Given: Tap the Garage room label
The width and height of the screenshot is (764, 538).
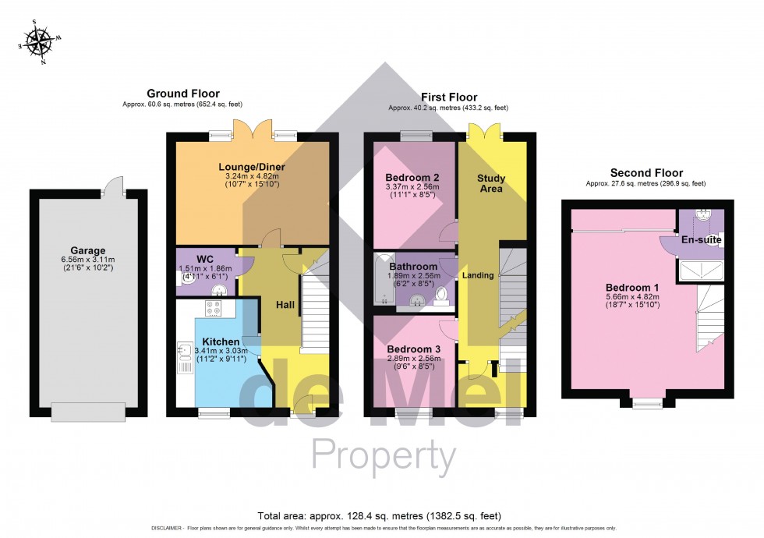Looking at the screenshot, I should (x=87, y=250).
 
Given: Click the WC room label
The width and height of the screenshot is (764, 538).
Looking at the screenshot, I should (x=205, y=259).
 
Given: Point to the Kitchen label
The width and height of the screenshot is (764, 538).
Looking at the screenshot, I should (x=221, y=342).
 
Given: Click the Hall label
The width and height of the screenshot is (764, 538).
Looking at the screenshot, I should (x=285, y=305).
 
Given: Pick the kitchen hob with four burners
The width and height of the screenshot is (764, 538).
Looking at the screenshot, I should (x=215, y=308).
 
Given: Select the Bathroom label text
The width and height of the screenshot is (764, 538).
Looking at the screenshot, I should (x=414, y=266).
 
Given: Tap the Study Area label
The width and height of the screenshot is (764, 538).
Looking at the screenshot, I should (x=491, y=184).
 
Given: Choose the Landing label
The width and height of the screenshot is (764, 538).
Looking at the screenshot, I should (x=478, y=275).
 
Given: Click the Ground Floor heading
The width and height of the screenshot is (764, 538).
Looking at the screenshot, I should (x=183, y=94).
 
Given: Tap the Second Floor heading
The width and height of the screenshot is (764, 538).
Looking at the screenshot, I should (x=646, y=173).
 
